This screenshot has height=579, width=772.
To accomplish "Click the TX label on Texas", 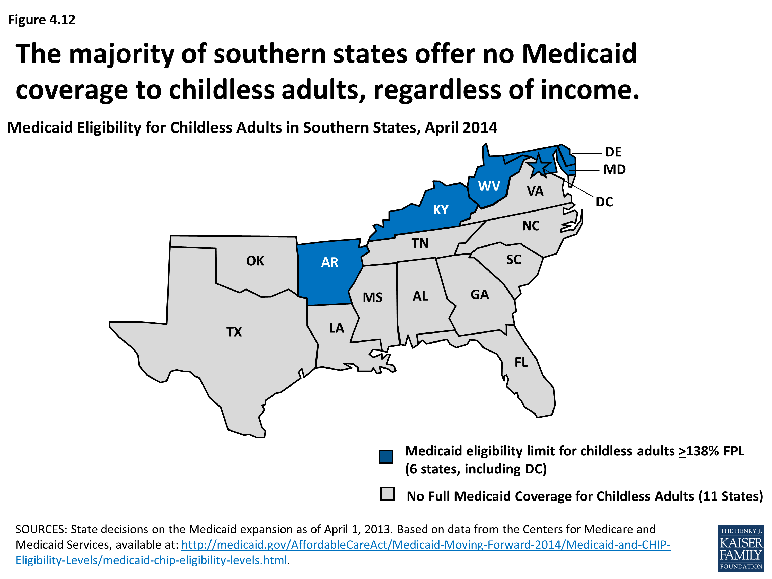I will tap(234, 332).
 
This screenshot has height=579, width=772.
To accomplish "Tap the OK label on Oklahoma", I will tap(255, 261).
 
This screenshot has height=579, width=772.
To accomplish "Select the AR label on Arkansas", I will tap(329, 262).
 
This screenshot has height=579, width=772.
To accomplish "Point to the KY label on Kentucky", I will tap(441, 210).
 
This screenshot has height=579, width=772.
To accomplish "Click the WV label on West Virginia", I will tap(489, 186).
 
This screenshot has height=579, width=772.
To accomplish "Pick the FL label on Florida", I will tap(521, 362).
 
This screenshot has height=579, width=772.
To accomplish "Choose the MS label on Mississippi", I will tap(372, 298).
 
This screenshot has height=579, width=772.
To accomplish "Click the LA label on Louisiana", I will tap(336, 328).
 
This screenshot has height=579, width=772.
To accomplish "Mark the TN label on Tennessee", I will tap(420, 243).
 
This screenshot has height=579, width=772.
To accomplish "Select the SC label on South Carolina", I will tap(513, 260).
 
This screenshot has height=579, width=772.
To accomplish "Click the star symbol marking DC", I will tap(539, 165).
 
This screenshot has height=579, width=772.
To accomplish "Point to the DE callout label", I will tap(613, 152).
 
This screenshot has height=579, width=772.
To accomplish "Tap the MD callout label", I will tap(615, 170).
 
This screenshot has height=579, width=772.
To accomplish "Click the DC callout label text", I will tap(604, 202).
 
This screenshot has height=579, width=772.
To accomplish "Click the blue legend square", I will tap(386, 457).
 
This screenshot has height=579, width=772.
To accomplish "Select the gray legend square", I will tap(387, 494).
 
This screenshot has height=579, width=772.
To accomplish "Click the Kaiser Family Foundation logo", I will tap(741, 548).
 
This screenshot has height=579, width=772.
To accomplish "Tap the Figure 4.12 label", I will tap(41, 20).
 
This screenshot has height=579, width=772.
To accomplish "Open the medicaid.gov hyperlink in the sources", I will tap(426, 545).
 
